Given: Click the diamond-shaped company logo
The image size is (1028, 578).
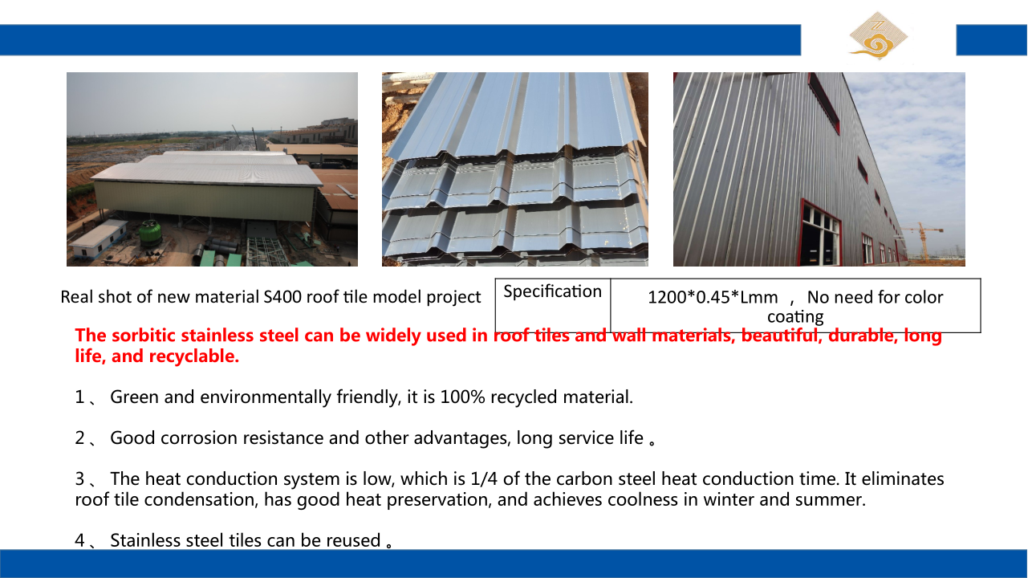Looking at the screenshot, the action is pyautogui.click(x=878, y=36).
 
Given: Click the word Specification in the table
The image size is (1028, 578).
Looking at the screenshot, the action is pyautogui.click(x=552, y=291).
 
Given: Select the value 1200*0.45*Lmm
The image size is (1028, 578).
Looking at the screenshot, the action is pyautogui.click(x=713, y=298).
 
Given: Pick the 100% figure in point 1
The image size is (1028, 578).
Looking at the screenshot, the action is pyautogui.click(x=462, y=397).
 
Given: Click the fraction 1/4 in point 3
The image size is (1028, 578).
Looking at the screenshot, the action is pyautogui.click(x=484, y=478).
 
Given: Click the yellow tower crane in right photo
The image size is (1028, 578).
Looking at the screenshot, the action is pyautogui.click(x=924, y=242).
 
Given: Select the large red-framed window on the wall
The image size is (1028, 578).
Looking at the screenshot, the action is pyautogui.click(x=820, y=234).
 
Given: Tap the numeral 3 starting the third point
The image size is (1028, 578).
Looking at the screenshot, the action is pyautogui.click(x=80, y=478).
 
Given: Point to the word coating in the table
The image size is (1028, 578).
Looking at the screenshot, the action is pyautogui.click(x=795, y=317).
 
